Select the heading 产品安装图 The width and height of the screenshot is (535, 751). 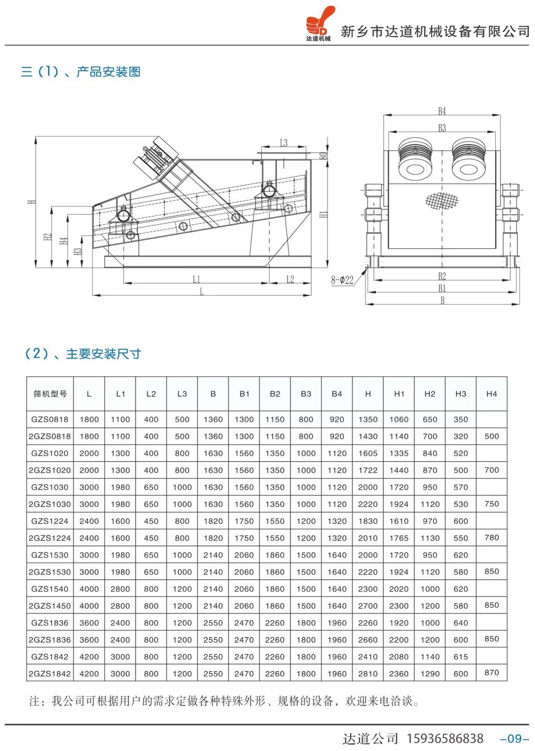point(108,72)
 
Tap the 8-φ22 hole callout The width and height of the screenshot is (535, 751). point(342,280)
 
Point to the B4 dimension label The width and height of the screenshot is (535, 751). point(442,111)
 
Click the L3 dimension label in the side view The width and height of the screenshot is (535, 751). point(284,143)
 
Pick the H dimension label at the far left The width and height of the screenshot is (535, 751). point(32,202)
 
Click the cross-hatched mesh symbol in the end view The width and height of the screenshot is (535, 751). point(442,201)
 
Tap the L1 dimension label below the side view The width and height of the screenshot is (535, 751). point(196,279)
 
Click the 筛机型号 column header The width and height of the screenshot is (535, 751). point(50,394)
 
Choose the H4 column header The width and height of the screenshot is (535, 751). point(491,394)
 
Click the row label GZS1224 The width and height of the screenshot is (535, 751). point(50,521)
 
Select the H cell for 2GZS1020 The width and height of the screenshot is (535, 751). point(368,470)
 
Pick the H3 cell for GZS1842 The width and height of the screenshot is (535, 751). point(460,656)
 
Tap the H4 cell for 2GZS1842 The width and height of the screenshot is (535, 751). point(491,672)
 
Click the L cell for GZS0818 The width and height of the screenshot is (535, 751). point(89,419)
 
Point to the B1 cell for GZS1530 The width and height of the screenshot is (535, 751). point(244,555)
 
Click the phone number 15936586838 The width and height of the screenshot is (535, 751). point(445,738)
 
